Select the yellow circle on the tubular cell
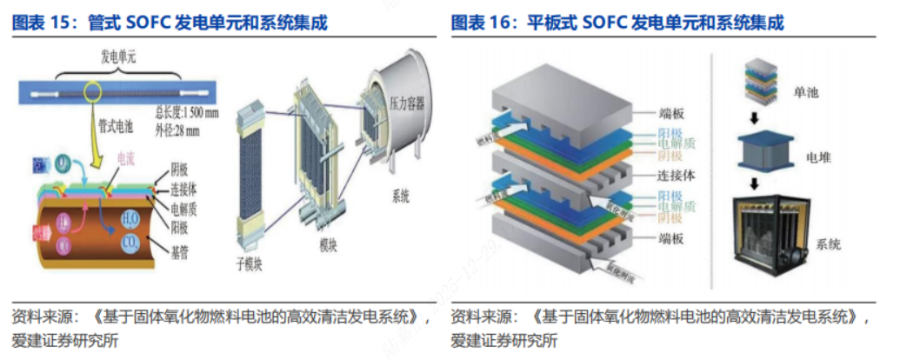(x=93, y=90)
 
